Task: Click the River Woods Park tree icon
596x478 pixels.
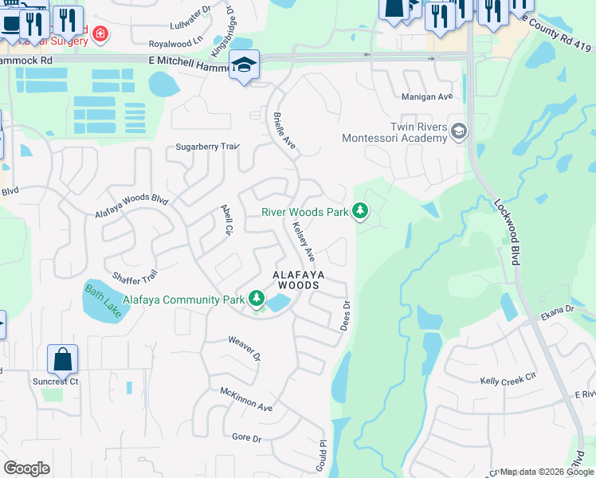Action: (361, 211)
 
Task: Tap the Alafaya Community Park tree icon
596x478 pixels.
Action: (257, 299)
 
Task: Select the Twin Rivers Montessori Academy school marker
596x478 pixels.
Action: (458, 131)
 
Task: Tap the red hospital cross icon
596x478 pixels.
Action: (100, 33)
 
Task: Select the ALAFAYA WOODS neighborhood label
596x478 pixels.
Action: (296, 279)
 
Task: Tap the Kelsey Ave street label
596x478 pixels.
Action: (304, 242)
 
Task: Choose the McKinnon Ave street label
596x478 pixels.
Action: (247, 400)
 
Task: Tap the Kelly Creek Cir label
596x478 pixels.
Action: (509, 382)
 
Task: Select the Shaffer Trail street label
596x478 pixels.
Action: (135, 276)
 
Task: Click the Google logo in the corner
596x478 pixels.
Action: (26, 468)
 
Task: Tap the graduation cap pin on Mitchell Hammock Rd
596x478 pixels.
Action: (244, 65)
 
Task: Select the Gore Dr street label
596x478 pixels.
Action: (246, 438)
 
